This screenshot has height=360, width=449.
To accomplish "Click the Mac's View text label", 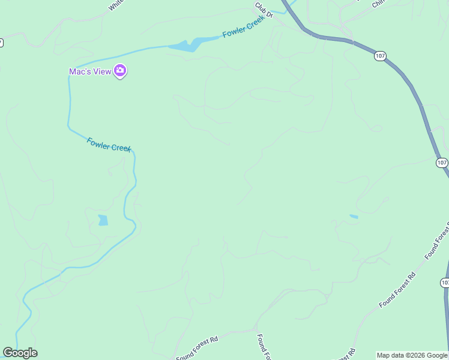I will (90, 71).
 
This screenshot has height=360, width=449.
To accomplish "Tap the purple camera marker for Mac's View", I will (120, 71).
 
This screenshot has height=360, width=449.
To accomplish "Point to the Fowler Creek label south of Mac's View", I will (109, 145).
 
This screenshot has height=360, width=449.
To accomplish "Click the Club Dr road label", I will (264, 10).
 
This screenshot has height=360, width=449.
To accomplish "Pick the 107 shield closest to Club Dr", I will (379, 56).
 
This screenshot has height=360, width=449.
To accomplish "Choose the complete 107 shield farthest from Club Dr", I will (442, 163).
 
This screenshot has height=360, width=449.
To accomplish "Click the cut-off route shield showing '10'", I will (445, 283).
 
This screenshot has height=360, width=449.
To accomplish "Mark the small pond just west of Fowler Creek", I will (103, 220).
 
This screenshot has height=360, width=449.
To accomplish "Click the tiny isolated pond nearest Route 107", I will (354, 216).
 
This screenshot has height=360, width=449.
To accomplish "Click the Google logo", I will (20, 353).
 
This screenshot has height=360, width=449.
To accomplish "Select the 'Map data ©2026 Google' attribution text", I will (412, 355).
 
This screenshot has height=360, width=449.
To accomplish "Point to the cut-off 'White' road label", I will (116, 5).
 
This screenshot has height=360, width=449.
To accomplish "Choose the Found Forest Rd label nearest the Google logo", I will (197, 349).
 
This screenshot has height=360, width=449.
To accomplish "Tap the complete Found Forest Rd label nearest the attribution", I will (397, 290).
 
